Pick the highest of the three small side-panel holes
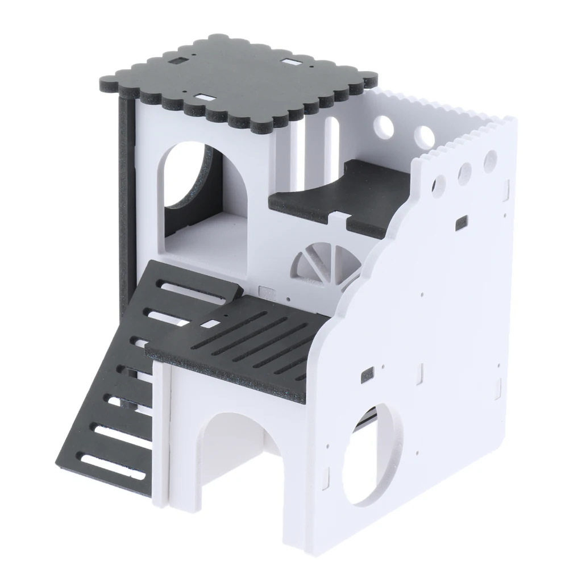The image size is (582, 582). (x=490, y=160)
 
